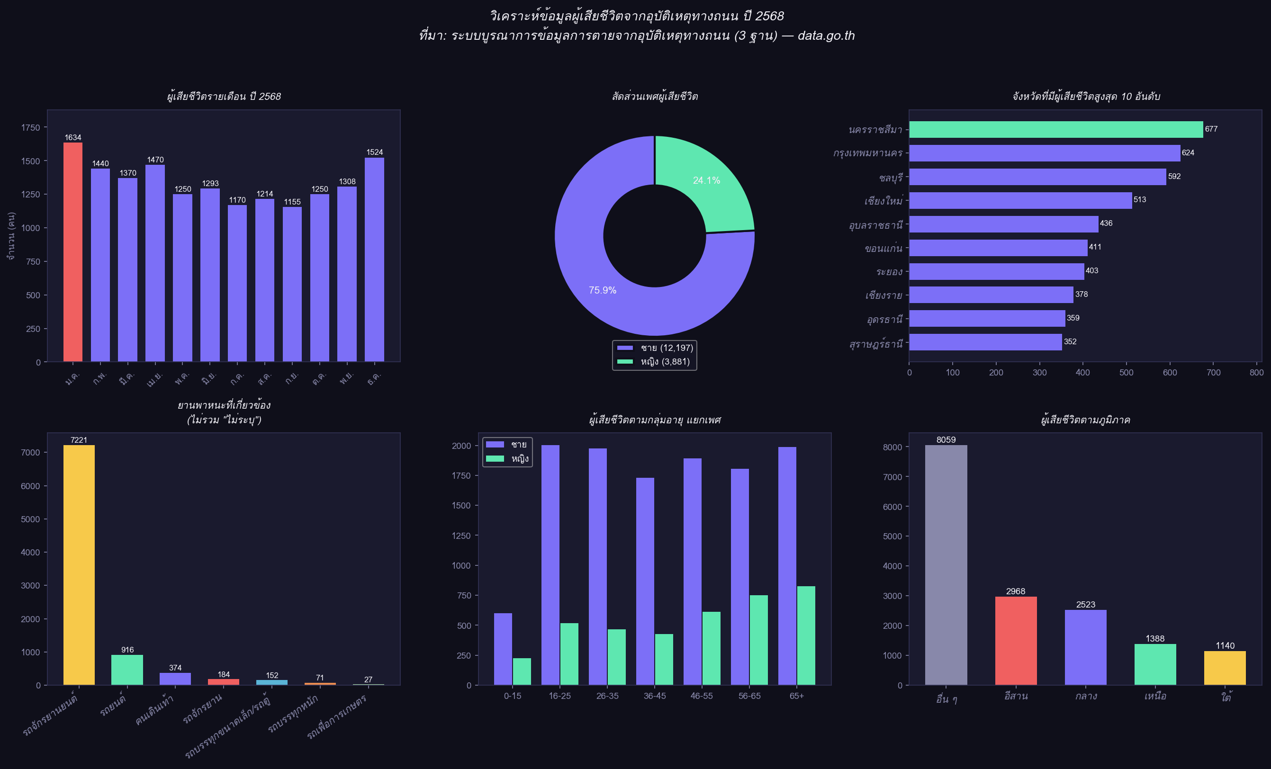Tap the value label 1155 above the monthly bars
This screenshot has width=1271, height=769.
[x=292, y=202]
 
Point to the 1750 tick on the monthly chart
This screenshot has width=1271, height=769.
[x=30, y=127]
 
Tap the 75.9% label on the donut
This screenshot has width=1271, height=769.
[x=603, y=290]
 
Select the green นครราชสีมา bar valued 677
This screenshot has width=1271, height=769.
[x=1055, y=129]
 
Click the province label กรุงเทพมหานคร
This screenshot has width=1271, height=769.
[x=867, y=153]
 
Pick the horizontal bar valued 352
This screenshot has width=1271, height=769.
[x=985, y=342]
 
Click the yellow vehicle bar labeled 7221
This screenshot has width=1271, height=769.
[x=79, y=565]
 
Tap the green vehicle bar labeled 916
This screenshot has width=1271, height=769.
[x=127, y=670]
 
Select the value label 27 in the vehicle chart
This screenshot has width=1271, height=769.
[x=368, y=679]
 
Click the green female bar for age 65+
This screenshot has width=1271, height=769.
[x=806, y=635]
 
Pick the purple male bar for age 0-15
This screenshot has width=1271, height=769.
[x=503, y=649]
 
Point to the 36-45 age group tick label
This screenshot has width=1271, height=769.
[x=654, y=696]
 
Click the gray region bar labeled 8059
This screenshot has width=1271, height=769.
[x=946, y=565]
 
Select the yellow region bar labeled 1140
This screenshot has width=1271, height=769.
[x=1225, y=668]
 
